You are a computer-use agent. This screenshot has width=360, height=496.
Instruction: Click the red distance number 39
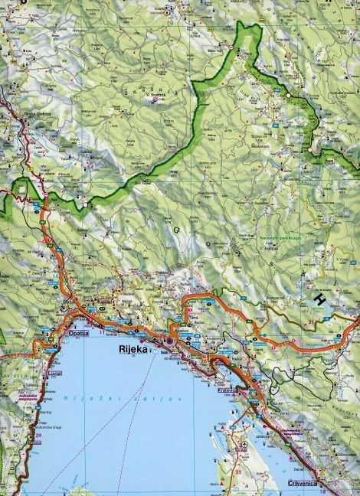[x=38, y=436]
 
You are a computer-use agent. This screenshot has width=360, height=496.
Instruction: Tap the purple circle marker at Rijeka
[x=160, y=341]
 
